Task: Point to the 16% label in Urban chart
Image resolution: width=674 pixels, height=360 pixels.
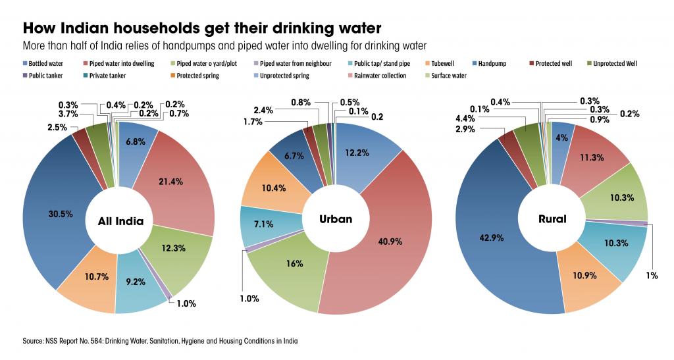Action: pyautogui.click(x=294, y=263)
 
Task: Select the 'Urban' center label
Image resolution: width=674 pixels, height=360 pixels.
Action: pyautogui.click(x=335, y=219)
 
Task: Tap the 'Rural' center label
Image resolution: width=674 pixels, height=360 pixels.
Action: pyautogui.click(x=552, y=219)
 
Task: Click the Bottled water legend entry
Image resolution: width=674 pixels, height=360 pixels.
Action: pyautogui.click(x=46, y=64)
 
